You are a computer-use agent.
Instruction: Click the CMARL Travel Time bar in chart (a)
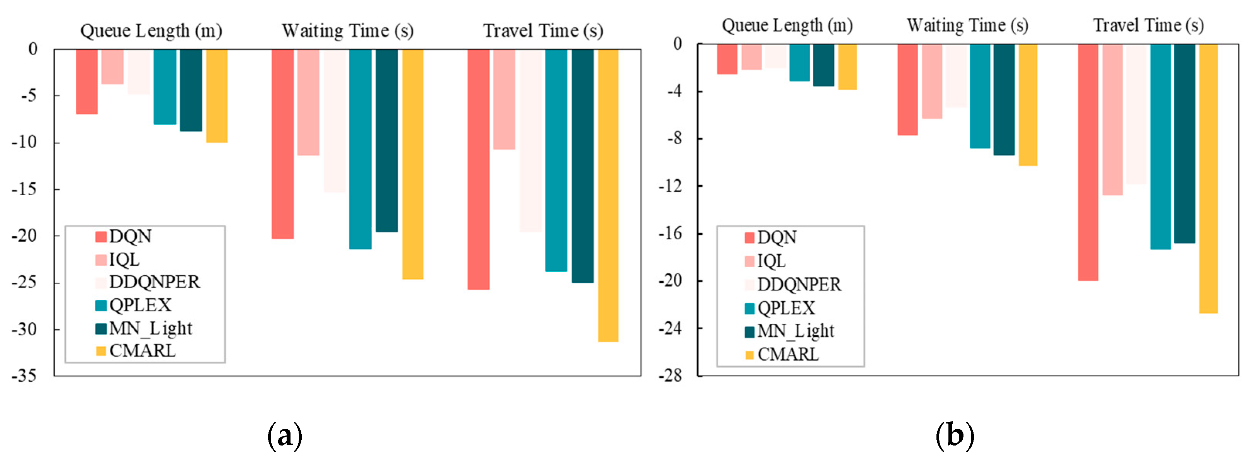pyautogui.click(x=608, y=195)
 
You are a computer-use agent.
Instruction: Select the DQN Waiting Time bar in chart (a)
pyautogui.click(x=282, y=144)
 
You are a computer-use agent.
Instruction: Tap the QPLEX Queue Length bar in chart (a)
pyautogui.click(x=165, y=87)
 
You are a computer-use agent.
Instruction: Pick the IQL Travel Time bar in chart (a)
pyautogui.click(x=504, y=99)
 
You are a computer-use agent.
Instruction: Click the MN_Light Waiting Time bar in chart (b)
pyautogui.click(x=1004, y=99)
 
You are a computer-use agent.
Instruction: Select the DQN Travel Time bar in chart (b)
pyautogui.click(x=1088, y=162)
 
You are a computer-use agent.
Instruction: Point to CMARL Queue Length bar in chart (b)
pyautogui.click(x=847, y=67)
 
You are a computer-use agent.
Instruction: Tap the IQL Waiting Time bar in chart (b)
pyautogui.click(x=932, y=81)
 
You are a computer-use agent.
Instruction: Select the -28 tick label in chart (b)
pyautogui.click(x=670, y=376)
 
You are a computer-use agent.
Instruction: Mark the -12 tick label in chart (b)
pyautogui.click(x=670, y=186)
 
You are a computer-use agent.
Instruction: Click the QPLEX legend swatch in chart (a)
pyautogui.click(x=101, y=306)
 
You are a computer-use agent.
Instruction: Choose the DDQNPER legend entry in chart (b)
pyautogui.click(x=799, y=285)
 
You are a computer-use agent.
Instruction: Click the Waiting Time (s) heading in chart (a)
pyautogui.click(x=348, y=31)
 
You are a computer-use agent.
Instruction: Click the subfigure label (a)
pyautogui.click(x=285, y=435)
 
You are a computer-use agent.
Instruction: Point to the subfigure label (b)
pyautogui.click(x=955, y=435)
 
